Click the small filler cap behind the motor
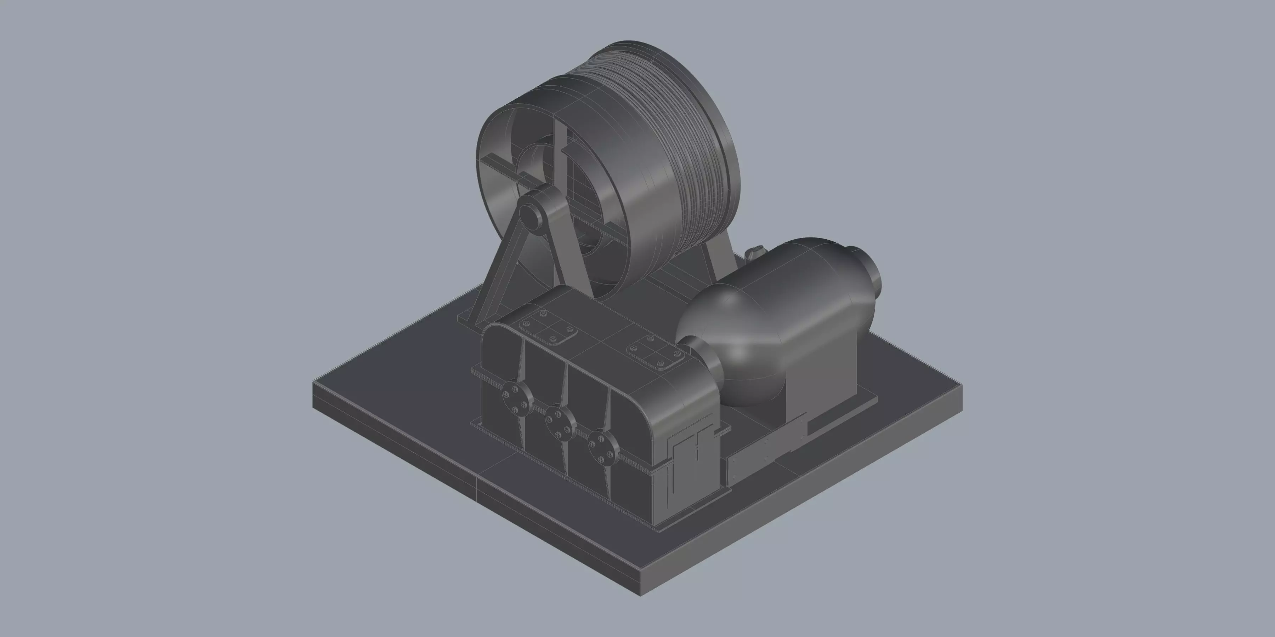pyautogui.click(x=755, y=254)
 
